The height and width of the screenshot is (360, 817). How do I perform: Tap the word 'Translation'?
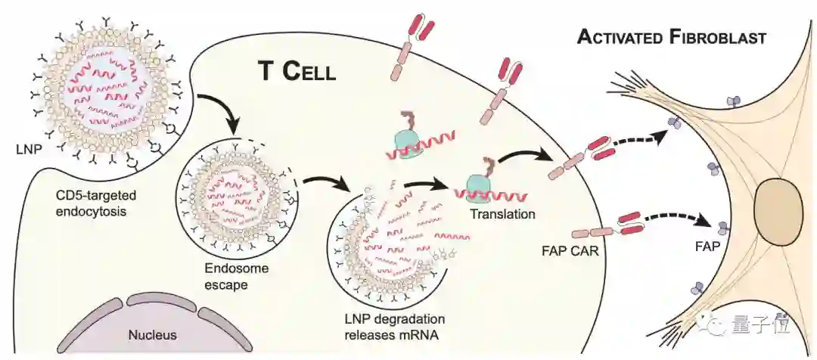coord(503,214)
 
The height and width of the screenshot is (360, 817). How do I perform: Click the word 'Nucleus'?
coord(151,334)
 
